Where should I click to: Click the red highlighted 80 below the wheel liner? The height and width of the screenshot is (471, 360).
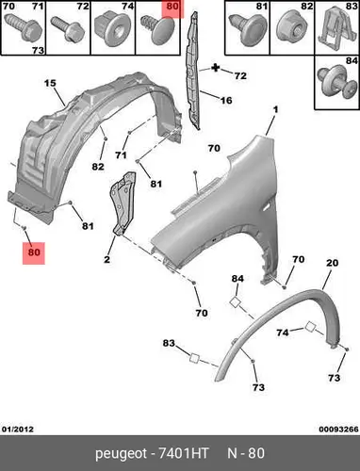click(x=34, y=252)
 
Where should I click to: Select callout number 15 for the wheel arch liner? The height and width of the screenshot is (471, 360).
click(x=50, y=83)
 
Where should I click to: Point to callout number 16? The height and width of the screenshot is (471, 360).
click(x=226, y=100)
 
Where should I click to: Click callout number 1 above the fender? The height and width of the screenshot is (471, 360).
click(x=275, y=110)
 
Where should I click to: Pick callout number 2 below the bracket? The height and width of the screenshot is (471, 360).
click(x=107, y=260)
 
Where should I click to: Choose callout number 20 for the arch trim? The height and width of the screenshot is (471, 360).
click(x=332, y=263)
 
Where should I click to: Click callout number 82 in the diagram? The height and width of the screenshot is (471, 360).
click(x=98, y=167)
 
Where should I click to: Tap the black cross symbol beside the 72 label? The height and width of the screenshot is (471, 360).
click(x=216, y=68)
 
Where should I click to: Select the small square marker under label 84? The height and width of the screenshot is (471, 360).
click(x=236, y=302)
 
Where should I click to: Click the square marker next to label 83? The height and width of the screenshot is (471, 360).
click(x=194, y=358)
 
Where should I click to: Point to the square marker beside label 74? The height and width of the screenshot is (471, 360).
click(x=311, y=326)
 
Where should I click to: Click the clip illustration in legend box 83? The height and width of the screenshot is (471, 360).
click(x=333, y=29)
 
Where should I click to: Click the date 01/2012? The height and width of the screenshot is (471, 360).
click(x=18, y=429)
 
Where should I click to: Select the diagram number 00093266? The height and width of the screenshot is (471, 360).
click(x=338, y=429)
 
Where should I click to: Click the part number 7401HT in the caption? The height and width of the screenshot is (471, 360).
click(x=183, y=453)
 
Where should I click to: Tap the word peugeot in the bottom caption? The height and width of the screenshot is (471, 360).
click(x=121, y=454)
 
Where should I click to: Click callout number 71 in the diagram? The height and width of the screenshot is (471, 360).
click(x=121, y=154)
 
